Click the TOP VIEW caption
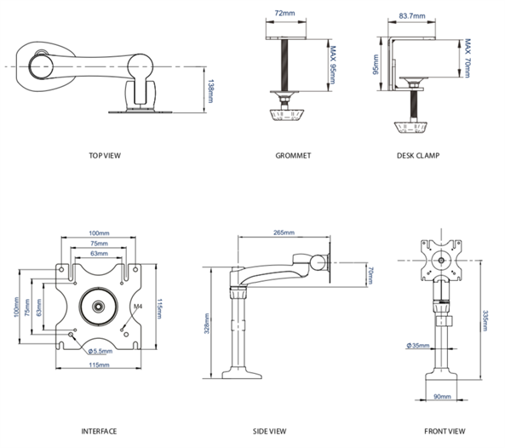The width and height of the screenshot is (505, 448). (105, 156)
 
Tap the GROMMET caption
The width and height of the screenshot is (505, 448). (293, 156)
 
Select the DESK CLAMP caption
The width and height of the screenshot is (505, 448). (418, 156)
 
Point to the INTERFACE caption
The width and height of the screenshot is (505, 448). (99, 431)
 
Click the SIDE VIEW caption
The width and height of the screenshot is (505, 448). (270, 431)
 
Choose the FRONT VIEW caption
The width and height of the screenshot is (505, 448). (445, 431)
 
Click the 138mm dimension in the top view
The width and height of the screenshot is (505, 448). (210, 91)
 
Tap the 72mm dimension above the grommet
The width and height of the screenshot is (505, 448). (284, 14)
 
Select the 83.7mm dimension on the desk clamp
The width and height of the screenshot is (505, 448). (412, 16)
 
